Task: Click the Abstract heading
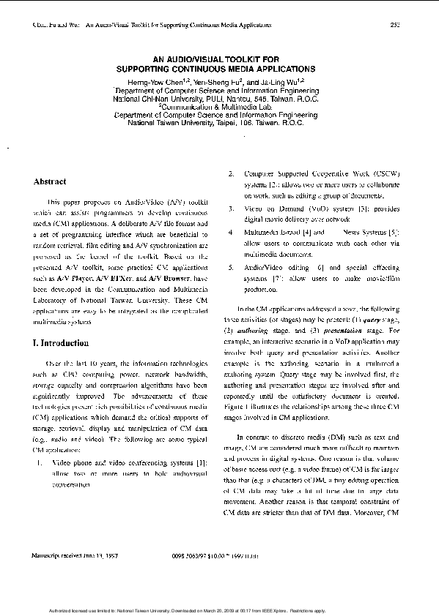tap(50, 181)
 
